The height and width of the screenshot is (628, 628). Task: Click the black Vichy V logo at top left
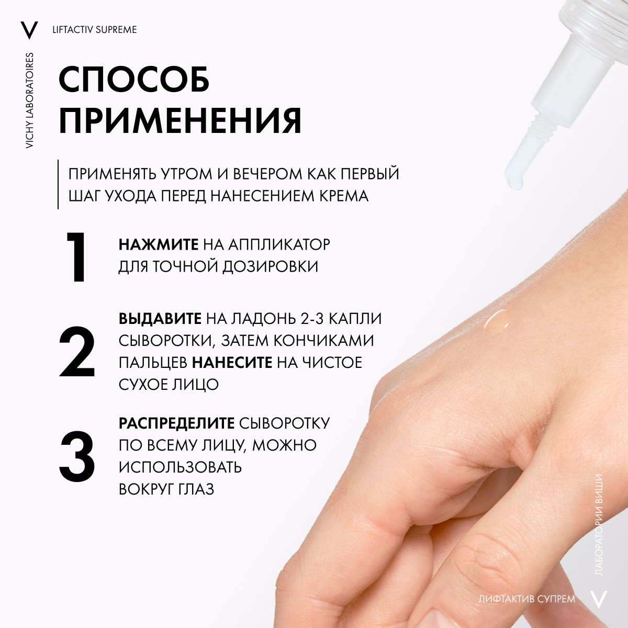pyautogui.click(x=29, y=30)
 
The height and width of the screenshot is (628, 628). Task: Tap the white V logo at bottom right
pyautogui.click(x=599, y=599)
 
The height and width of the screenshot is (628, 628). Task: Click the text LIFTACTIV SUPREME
pyautogui.click(x=95, y=30)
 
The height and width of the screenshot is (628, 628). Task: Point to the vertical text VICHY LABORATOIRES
pyautogui.click(x=29, y=100)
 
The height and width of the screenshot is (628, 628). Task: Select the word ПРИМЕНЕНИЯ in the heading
pyautogui.click(x=180, y=120)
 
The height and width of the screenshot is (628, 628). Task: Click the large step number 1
pyautogui.click(x=76, y=257)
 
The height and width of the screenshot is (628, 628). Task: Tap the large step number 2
pyautogui.click(x=77, y=351)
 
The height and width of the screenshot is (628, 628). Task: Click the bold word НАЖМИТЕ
pyautogui.click(x=159, y=244)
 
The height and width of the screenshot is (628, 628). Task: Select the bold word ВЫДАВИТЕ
pyautogui.click(x=160, y=318)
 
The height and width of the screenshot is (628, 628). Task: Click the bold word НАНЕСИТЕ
pyautogui.click(x=232, y=362)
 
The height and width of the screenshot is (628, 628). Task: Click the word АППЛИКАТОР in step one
pyautogui.click(x=279, y=244)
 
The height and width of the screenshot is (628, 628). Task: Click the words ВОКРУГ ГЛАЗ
pyautogui.click(x=166, y=489)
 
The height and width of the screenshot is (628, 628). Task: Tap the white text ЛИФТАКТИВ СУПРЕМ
pyautogui.click(x=527, y=599)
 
